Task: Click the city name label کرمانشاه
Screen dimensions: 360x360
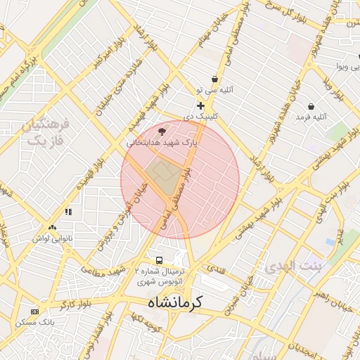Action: [x=174, y=302]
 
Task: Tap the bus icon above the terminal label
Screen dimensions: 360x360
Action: [x=160, y=259]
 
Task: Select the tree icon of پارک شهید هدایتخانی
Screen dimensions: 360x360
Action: [x=162, y=131]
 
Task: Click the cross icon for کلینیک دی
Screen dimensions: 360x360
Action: [x=200, y=105]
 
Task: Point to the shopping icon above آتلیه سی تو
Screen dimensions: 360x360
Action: [x=214, y=79]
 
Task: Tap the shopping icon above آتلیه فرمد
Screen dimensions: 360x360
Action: [x=311, y=106]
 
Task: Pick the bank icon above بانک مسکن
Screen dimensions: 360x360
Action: [x=34, y=311]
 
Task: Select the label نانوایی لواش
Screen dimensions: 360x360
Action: [x=51, y=238]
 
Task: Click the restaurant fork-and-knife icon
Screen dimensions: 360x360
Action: [x=68, y=211]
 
